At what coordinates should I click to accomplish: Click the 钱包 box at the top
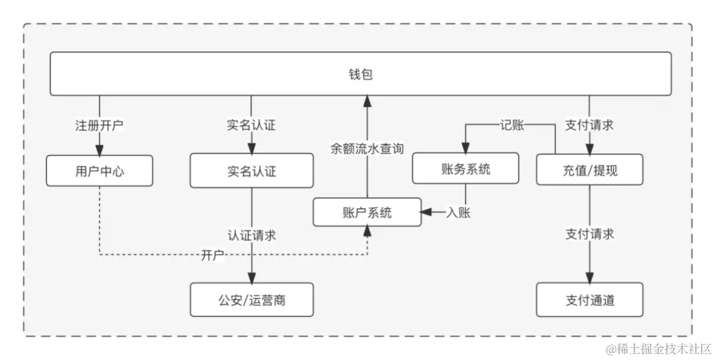point(361,74)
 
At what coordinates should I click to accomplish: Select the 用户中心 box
point(99,171)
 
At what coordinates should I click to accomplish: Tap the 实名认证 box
point(251,171)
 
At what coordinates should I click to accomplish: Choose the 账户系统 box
point(367,212)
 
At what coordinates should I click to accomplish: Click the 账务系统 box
point(465,168)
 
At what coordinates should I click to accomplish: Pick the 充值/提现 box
point(589,169)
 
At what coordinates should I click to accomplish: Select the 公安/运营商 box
point(251,300)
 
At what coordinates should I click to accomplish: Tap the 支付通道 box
point(589,300)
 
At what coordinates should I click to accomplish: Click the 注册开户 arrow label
point(99,125)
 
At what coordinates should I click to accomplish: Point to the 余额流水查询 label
point(367,148)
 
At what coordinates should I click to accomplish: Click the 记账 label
point(512,125)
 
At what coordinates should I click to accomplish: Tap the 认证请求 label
point(251,235)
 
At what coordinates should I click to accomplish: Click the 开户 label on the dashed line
point(212,255)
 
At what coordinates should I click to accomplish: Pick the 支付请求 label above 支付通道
point(589,233)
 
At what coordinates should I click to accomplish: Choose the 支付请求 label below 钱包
point(589,125)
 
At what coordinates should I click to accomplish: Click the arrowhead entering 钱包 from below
point(367,101)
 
